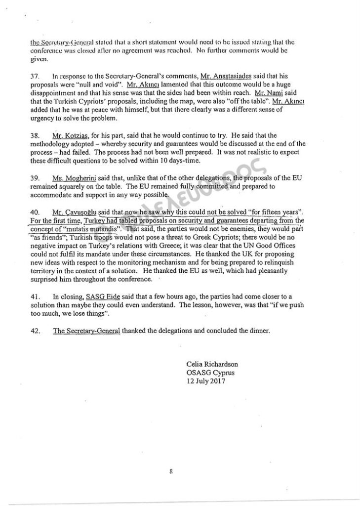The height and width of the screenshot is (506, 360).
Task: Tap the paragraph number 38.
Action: tap(35, 135)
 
